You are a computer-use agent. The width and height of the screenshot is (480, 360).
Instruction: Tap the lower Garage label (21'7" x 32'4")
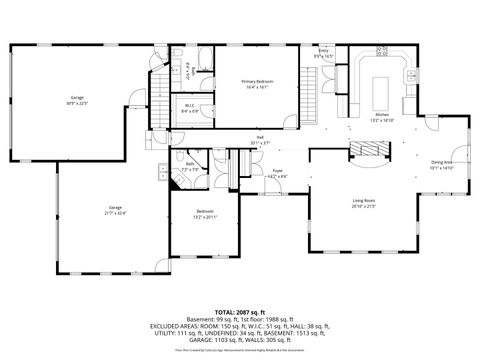(x=116, y=210)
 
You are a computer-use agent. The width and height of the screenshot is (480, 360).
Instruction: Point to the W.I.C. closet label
(x=189, y=109)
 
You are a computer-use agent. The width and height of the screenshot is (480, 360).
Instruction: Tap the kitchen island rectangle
(x=380, y=93)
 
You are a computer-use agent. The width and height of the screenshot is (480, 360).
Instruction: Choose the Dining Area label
(x=441, y=164)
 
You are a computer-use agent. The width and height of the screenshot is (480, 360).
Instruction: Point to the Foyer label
(x=278, y=173)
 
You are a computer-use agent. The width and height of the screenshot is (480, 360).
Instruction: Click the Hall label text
(x=260, y=139)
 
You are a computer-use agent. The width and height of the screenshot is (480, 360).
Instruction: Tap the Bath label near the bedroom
(x=190, y=166)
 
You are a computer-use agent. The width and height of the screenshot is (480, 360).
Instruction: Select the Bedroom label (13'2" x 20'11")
(x=204, y=213)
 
